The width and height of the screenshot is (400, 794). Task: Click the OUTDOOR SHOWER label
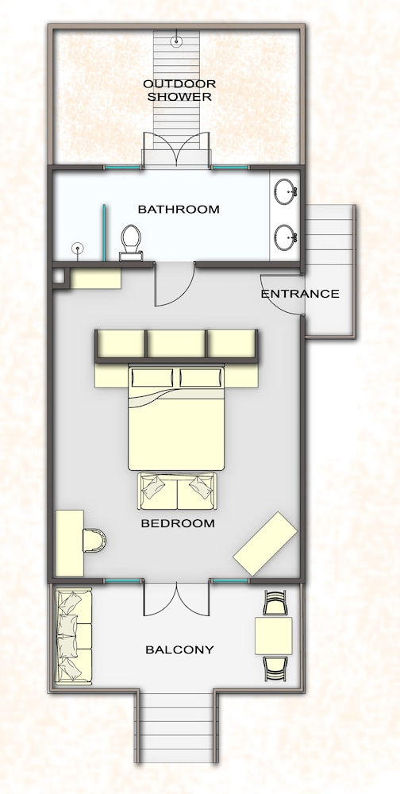click(179, 91)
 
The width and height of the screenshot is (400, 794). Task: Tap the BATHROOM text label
click(179, 209)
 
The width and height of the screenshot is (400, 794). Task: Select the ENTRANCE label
click(300, 294)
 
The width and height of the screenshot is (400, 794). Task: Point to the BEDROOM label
click(178, 523)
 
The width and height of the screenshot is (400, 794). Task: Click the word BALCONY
click(179, 649)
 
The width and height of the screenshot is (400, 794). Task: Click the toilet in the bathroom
click(131, 242)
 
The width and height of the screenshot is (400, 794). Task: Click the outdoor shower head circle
click(176, 41)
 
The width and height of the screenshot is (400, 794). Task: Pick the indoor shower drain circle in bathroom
click(78, 248)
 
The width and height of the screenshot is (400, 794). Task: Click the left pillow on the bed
click(152, 378)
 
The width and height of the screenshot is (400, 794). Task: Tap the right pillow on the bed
click(201, 378)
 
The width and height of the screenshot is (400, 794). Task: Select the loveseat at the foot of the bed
click(177, 491)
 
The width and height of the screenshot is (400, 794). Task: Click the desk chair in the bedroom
click(94, 540)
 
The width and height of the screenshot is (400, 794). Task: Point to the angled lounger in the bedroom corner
click(265, 543)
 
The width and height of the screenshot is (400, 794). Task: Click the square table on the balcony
click(274, 636)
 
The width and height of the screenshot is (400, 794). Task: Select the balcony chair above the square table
click(275, 603)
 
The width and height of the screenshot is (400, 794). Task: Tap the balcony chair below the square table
click(275, 669)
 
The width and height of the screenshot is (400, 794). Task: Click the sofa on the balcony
click(74, 637)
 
